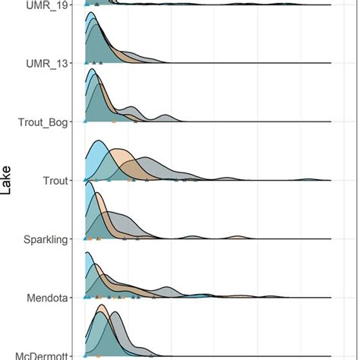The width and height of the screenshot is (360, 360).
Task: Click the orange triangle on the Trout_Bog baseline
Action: pos(113,121)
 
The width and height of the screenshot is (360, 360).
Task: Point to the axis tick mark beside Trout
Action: pos(70,180)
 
